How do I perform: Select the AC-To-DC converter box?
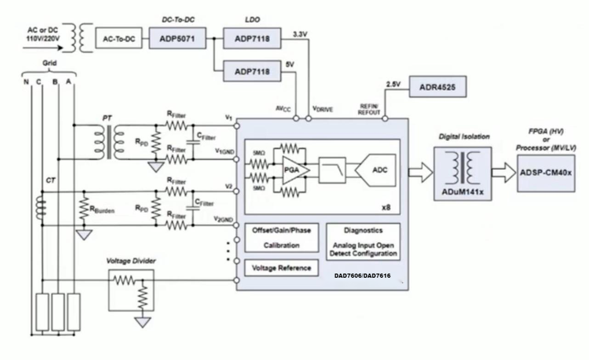118,39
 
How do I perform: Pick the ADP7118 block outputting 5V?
251,71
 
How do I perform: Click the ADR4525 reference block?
437,87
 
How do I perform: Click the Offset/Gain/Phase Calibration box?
282,238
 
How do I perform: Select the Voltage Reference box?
282,268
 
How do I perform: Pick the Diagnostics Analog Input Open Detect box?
363,242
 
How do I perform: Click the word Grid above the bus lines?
50,63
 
